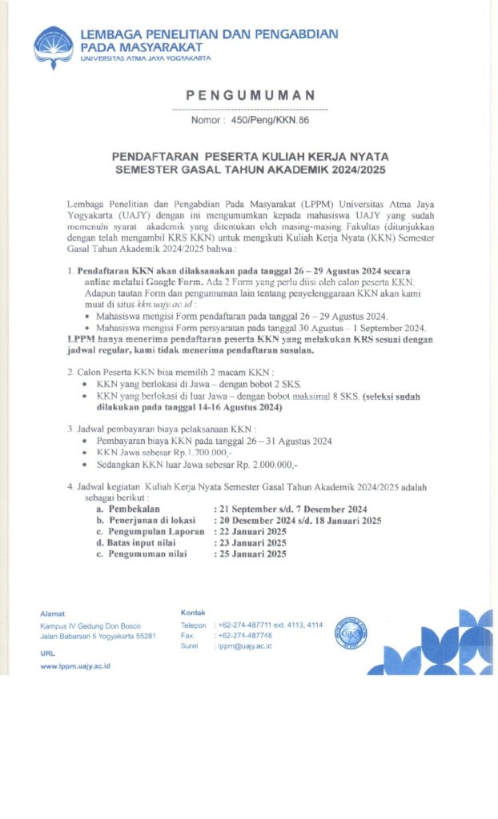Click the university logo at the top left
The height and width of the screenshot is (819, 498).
pos(53,47)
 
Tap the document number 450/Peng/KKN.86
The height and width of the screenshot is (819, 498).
pos(269,120)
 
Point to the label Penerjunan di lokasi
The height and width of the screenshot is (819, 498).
pos(147,520)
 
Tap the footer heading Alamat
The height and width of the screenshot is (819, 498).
pos(52,613)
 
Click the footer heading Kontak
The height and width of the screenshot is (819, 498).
pos(194,613)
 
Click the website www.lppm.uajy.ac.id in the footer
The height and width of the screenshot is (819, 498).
pos(75,665)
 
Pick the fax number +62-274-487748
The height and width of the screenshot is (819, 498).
pos(245,635)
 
